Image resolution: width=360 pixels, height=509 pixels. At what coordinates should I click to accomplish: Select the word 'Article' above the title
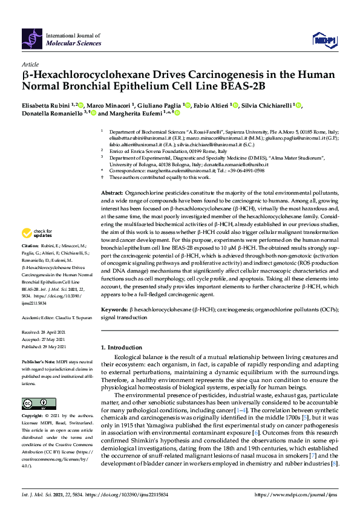point(30,63)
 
